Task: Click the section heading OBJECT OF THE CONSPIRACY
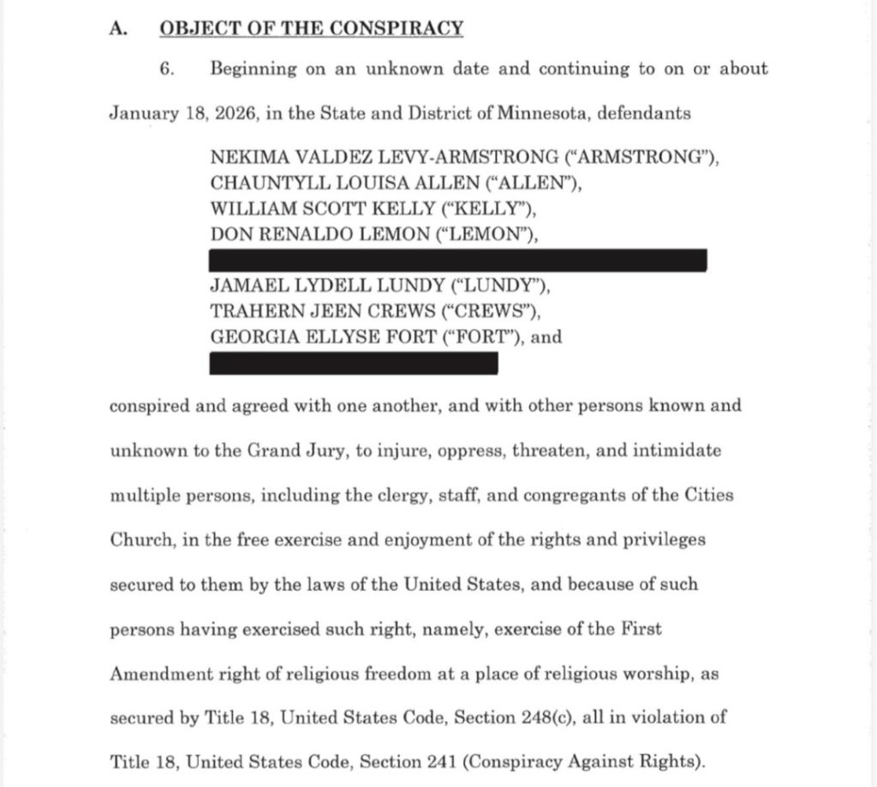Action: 311,28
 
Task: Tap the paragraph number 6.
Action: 168,69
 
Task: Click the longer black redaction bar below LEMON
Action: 458,260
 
